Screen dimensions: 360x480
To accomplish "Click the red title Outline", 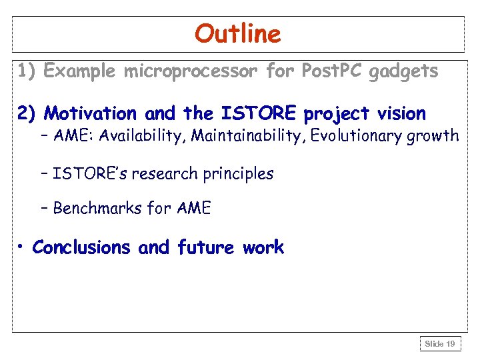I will click(x=238, y=33).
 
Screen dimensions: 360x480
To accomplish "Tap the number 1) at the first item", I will click(x=27, y=71).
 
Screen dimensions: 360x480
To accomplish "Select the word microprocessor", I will click(x=190, y=71).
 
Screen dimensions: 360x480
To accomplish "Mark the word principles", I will click(x=238, y=175).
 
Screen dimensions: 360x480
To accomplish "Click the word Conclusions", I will click(x=81, y=247).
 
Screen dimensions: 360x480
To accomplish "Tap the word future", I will click(x=205, y=247).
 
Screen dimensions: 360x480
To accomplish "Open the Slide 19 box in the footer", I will click(x=440, y=344).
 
